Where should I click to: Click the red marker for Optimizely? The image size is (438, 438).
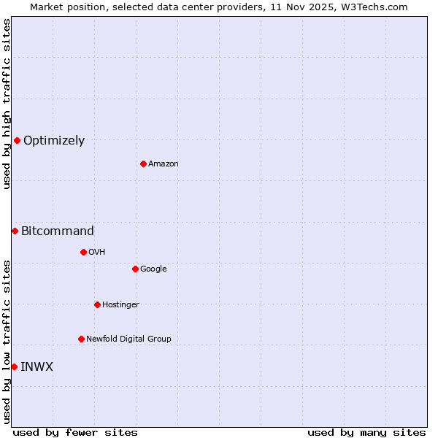coord(17,140)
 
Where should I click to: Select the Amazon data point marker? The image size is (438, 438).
coord(143,164)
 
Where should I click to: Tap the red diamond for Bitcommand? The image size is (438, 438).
coord(15,231)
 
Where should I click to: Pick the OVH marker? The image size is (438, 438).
coord(83,252)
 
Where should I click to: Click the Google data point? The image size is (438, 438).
coord(135,269)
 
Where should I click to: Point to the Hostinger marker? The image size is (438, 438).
coord(97,304)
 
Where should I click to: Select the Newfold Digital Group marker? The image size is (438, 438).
coord(81,339)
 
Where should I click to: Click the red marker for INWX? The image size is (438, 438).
coord(14,366)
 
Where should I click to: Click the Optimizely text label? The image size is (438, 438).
coord(54,141)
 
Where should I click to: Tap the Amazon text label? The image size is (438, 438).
coord(164,164)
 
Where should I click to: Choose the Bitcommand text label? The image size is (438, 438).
coord(58,231)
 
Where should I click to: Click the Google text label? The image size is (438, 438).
coord(153,269)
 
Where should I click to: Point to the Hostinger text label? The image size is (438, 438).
coord(120,305)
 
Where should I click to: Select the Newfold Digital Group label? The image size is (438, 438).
coord(128,339)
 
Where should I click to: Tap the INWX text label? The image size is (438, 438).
coord(36,367)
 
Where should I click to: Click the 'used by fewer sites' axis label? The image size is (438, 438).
coord(75,432)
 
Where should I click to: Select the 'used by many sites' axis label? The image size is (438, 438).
coord(366,432)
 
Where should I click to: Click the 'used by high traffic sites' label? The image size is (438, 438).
coord(7,104)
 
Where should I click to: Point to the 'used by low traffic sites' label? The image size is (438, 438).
coord(7,342)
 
